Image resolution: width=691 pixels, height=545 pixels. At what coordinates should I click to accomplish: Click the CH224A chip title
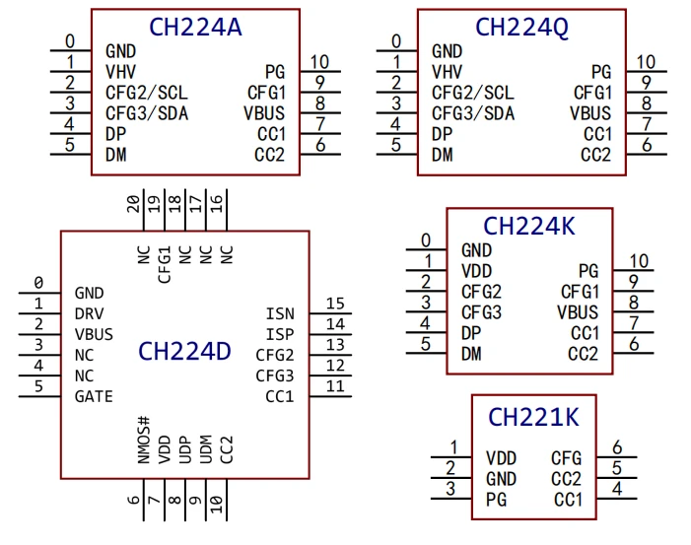click(x=195, y=28)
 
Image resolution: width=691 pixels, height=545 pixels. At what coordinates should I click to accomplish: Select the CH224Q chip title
click(x=521, y=28)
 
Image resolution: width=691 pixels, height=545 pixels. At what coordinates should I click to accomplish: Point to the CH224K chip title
click(x=529, y=227)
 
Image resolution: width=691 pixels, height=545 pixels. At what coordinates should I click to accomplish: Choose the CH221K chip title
click(x=533, y=417)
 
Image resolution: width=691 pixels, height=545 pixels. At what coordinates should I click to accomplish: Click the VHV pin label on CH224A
click(x=120, y=72)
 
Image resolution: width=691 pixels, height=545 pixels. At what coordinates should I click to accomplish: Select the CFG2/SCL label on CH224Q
click(x=473, y=93)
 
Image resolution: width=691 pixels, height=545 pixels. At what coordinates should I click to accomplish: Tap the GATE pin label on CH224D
click(x=94, y=397)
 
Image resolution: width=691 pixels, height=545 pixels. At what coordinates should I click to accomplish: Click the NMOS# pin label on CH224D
click(x=144, y=440)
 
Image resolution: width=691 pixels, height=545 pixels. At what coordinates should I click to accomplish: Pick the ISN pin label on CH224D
click(x=280, y=314)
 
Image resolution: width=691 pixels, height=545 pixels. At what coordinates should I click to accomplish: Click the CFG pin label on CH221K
click(x=567, y=458)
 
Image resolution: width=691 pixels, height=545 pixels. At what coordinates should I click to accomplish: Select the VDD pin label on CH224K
click(x=476, y=272)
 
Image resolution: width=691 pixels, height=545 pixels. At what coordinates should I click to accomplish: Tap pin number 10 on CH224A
click(x=319, y=62)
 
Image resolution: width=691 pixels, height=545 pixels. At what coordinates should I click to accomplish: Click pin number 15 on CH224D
click(x=335, y=304)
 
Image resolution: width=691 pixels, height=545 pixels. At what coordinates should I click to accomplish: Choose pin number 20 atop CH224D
click(x=133, y=204)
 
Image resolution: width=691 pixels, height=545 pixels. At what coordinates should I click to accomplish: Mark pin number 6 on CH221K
click(x=617, y=447)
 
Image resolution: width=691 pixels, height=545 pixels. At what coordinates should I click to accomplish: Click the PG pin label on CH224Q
click(x=601, y=72)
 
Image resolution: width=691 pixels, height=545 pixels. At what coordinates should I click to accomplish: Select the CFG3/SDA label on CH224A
click(x=147, y=113)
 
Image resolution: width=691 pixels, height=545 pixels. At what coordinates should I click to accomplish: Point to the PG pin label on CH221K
click(x=497, y=500)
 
